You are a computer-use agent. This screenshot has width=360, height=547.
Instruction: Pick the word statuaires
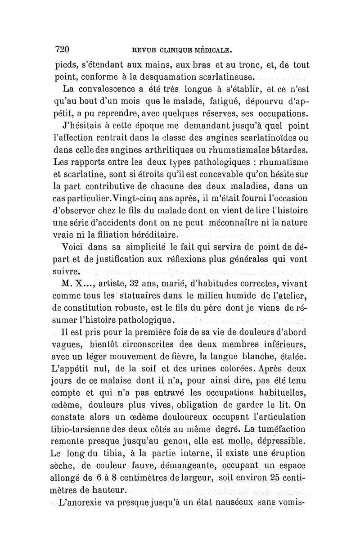pos(143,297)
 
